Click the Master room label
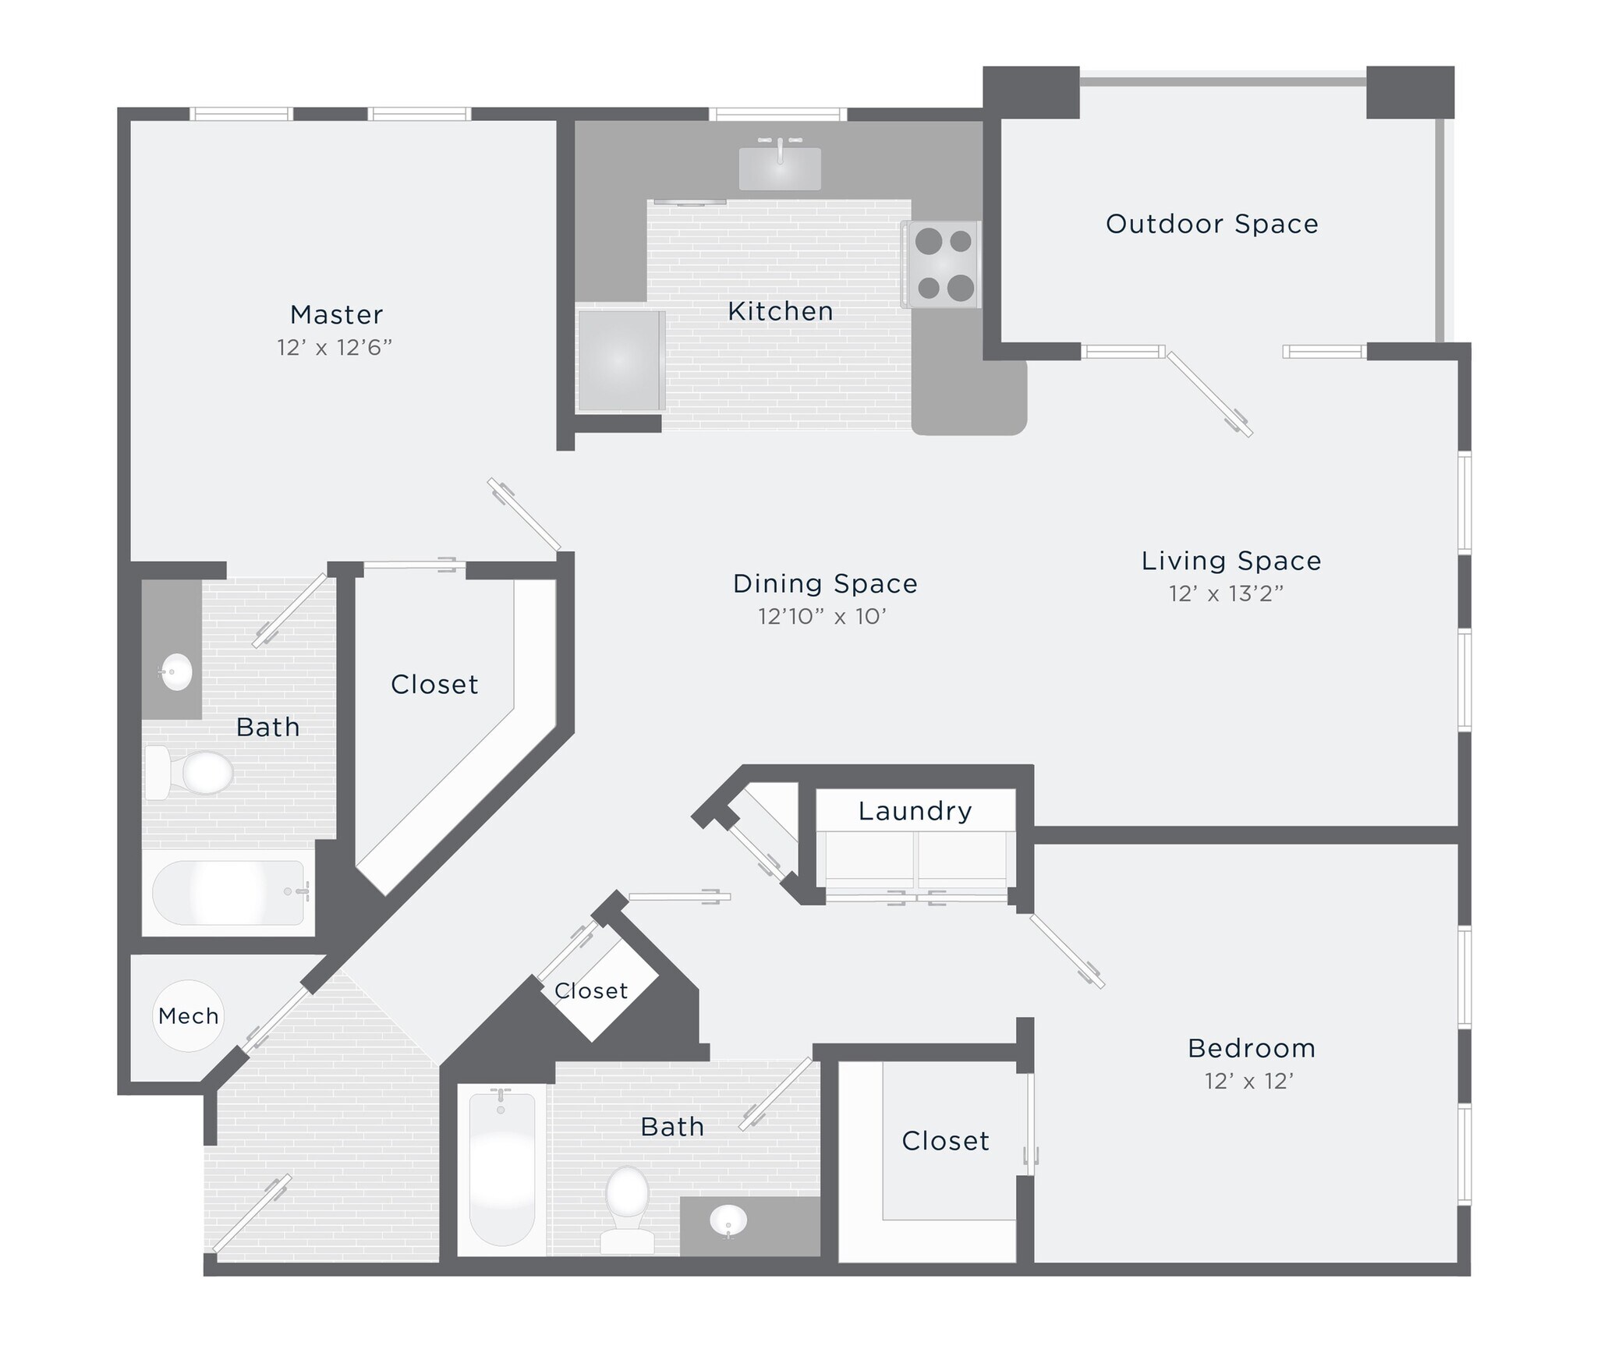click(x=336, y=314)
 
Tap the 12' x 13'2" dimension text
click(x=1226, y=594)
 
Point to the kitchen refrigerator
click(x=621, y=360)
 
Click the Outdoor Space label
click(x=1212, y=225)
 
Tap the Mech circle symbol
click(x=188, y=1016)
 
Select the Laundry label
click(x=915, y=811)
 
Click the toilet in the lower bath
click(x=627, y=1208)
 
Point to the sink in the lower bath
click(x=728, y=1220)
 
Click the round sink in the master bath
click(x=176, y=671)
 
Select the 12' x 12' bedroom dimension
click(x=1248, y=1082)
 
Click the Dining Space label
click(x=825, y=584)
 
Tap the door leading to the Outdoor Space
click(x=1209, y=394)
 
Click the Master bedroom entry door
click(x=524, y=514)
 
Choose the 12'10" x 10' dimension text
click(x=822, y=617)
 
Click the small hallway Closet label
click(x=591, y=991)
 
